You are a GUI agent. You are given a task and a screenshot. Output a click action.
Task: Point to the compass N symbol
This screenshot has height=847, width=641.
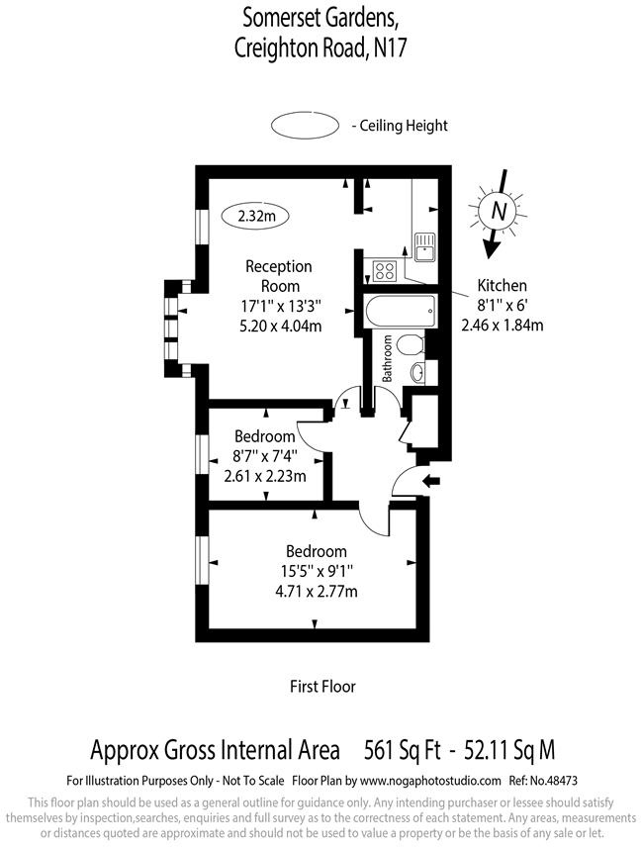click(x=500, y=210)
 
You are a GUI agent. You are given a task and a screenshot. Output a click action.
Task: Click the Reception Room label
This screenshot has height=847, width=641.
click(x=278, y=276)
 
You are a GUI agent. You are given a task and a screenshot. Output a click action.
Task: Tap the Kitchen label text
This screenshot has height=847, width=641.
click(x=502, y=285)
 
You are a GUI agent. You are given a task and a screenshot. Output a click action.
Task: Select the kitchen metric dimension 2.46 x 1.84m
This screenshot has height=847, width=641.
click(x=502, y=325)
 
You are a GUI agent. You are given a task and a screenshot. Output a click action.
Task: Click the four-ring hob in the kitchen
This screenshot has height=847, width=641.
click(x=383, y=268)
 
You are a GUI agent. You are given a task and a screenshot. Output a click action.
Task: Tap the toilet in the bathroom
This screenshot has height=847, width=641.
click(x=414, y=344)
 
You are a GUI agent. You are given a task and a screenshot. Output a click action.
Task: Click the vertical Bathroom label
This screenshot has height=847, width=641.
click(x=388, y=358)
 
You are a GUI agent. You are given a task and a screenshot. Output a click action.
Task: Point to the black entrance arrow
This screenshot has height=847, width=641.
click(x=432, y=482)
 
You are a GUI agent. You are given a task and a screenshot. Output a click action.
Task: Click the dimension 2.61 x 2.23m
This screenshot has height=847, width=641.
click(x=264, y=475)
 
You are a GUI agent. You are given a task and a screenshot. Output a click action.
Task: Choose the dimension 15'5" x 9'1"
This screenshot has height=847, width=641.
click(x=316, y=571)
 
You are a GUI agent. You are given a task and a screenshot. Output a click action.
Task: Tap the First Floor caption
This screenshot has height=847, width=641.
click(x=321, y=686)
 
